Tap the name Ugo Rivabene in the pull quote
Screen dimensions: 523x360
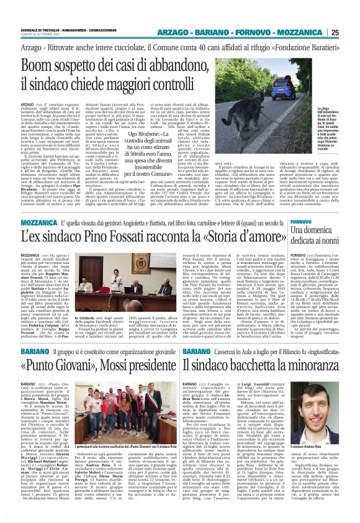tap(137, 132)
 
